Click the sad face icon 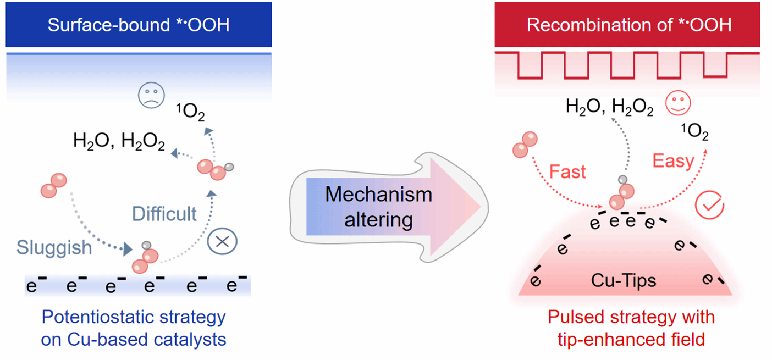click(148, 99)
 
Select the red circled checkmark click(710, 205)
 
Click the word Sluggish click(54, 247)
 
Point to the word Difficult click(164, 213)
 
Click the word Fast click(567, 171)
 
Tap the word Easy click(673, 160)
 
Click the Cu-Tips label click(624, 280)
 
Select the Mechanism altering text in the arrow click(378, 207)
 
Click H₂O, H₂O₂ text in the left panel click(119, 142)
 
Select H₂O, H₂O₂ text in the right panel click(610, 107)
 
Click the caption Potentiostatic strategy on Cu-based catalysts click(134, 328)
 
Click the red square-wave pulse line click(627, 64)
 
